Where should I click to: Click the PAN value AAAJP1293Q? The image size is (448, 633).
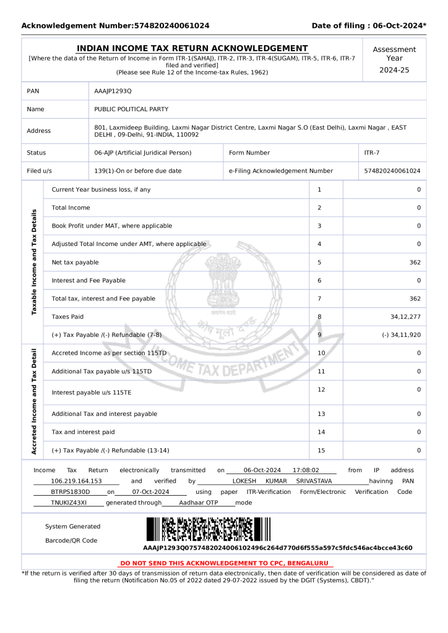[x=113, y=91]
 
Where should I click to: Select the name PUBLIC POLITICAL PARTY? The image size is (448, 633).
[x=131, y=109]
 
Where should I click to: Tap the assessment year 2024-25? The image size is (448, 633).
[x=394, y=70]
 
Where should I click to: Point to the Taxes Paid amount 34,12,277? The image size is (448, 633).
[x=405, y=317]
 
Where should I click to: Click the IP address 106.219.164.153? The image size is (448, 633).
[x=76, y=481]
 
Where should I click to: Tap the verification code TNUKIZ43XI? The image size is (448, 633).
[x=68, y=503]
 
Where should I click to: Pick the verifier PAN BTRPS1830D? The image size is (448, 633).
[x=70, y=492]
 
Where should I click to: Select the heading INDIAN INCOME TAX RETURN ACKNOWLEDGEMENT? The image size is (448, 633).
[x=192, y=48]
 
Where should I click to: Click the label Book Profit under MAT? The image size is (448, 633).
[x=112, y=226]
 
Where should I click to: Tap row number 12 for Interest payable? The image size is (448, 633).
[x=321, y=389]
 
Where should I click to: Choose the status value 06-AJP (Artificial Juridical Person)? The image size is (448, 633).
[x=143, y=153]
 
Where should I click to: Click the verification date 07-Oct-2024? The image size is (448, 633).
[x=151, y=492]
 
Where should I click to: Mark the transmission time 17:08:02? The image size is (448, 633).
[x=306, y=470]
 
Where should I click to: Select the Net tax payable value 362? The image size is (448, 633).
[x=415, y=263]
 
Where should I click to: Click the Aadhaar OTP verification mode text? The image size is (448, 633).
[x=199, y=503]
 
